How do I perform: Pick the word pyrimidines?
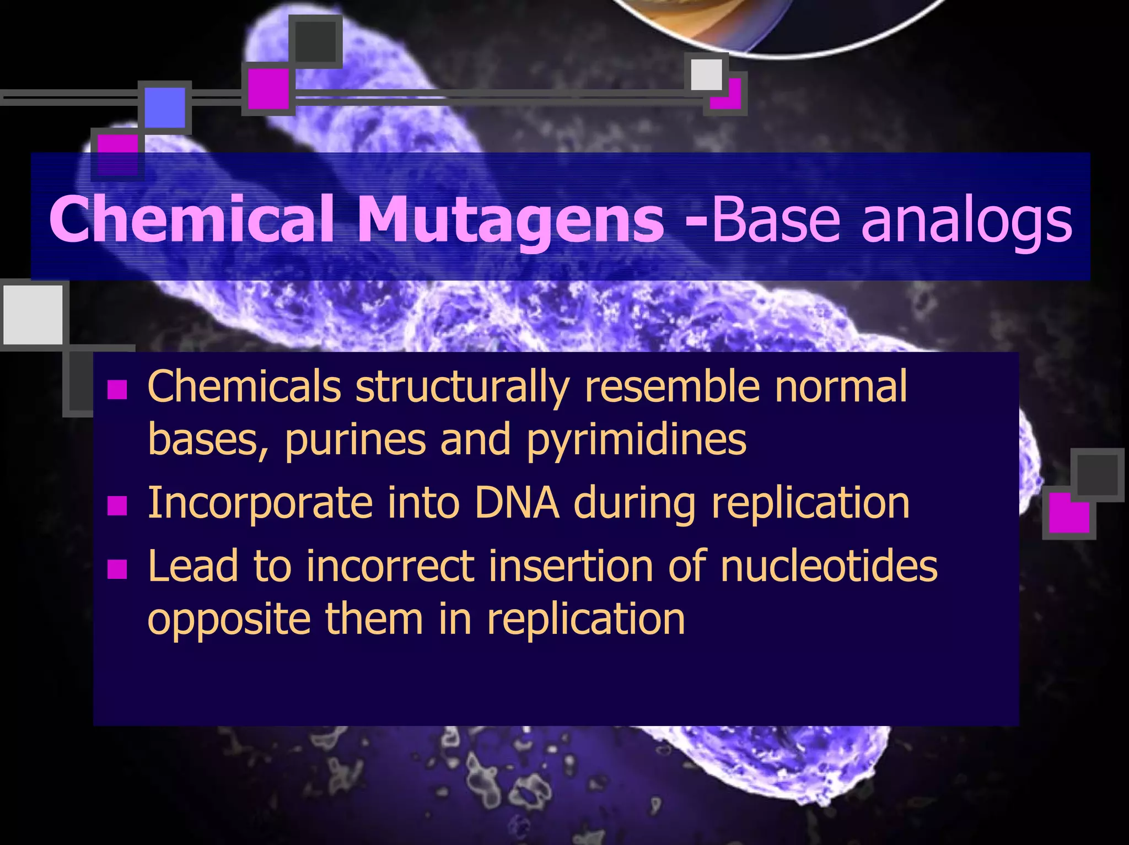coord(637,441)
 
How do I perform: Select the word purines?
coord(356,441)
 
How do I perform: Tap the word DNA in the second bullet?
coord(517,502)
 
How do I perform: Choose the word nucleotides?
coord(829,566)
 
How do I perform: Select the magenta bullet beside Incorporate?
coord(117,505)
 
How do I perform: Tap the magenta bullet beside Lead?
coord(117,569)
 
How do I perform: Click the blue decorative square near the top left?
coord(165,107)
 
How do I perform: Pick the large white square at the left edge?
coord(33,315)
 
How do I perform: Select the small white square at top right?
coord(706,74)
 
